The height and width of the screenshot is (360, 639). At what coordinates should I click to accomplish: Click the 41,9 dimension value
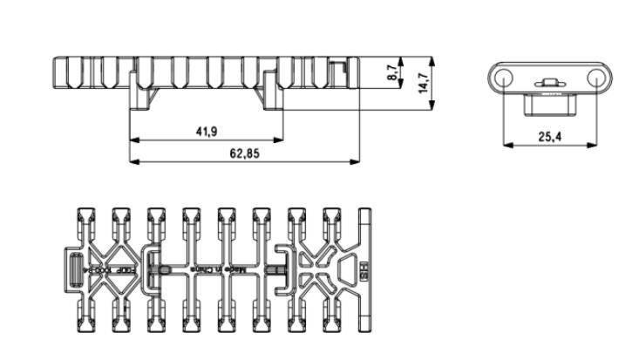[x=207, y=132]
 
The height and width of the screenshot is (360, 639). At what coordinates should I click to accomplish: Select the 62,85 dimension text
[x=244, y=153]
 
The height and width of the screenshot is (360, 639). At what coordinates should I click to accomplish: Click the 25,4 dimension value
[x=549, y=137]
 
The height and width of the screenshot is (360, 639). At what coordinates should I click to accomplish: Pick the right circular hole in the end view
[x=594, y=77]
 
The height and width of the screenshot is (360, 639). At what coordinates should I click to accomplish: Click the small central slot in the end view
[x=549, y=84]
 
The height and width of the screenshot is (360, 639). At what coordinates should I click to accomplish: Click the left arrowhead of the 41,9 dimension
[x=133, y=139]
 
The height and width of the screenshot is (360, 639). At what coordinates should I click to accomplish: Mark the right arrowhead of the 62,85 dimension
[x=357, y=160]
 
